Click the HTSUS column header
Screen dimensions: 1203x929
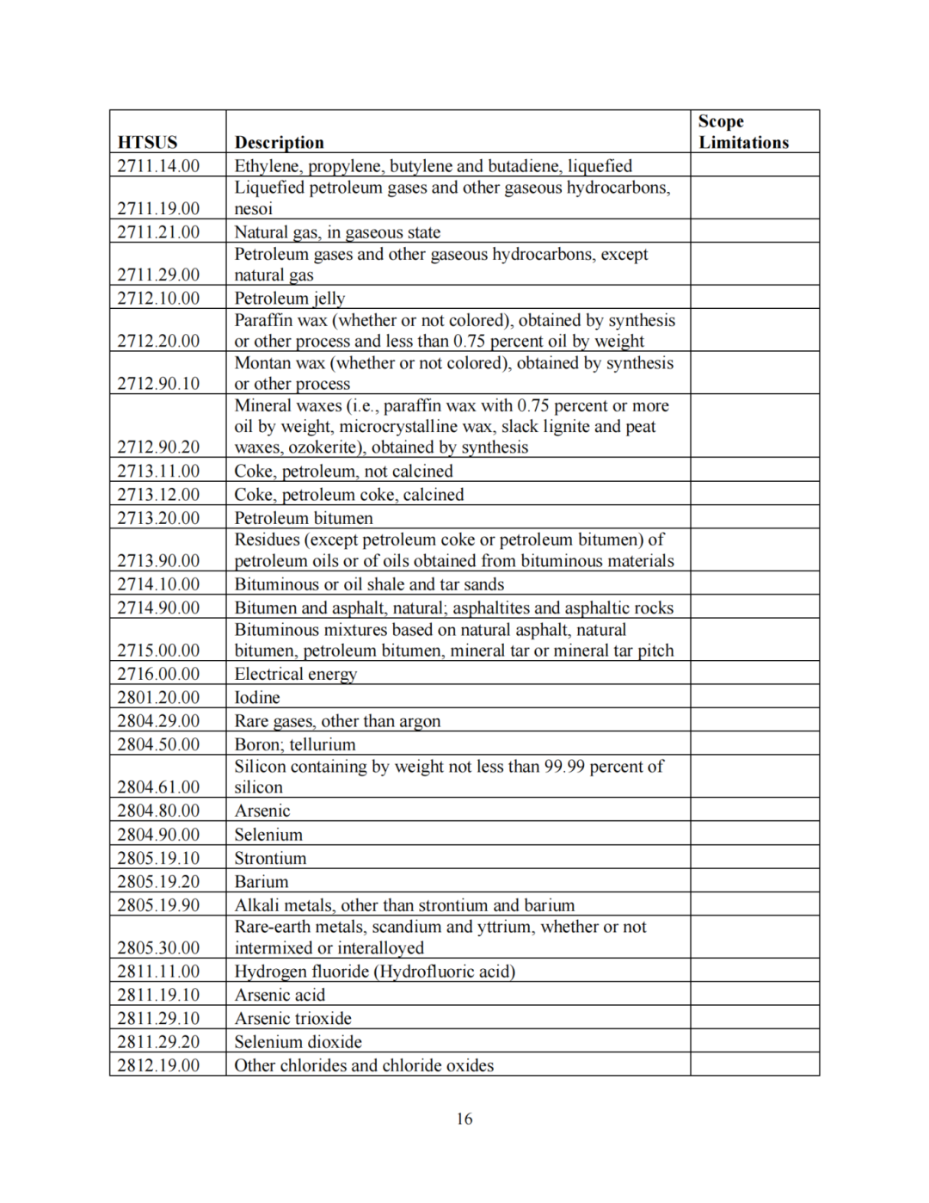point(147,142)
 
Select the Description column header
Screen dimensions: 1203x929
point(279,142)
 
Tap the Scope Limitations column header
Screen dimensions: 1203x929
point(743,132)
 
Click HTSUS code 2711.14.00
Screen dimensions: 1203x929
point(158,165)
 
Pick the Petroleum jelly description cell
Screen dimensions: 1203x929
point(290,298)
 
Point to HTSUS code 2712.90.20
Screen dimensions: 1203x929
point(158,447)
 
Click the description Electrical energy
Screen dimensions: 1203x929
point(295,674)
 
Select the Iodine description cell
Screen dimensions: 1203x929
point(257,697)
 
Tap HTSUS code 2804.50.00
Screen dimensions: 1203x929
point(158,744)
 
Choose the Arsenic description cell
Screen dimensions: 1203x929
point(262,811)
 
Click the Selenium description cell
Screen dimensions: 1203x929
point(268,835)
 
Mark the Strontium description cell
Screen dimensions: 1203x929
point(270,858)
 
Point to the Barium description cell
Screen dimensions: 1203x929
point(261,881)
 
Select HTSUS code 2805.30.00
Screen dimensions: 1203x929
point(158,947)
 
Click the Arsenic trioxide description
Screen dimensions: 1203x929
point(292,1018)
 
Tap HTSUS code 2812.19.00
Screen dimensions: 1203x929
point(158,1065)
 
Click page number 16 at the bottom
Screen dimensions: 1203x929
point(464,1119)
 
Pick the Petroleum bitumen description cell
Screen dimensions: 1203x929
point(304,518)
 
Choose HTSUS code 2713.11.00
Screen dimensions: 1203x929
point(158,471)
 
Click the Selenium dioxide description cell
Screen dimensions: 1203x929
point(298,1041)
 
